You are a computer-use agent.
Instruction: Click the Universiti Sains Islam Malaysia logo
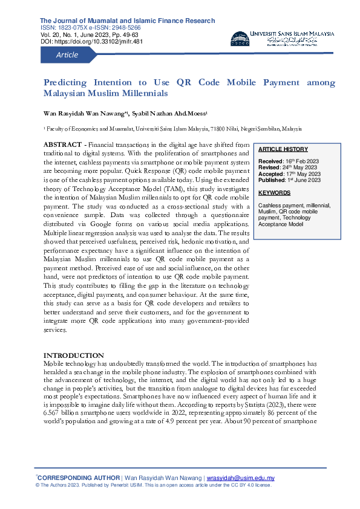[282, 38]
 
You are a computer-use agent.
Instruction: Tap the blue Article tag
[67, 55]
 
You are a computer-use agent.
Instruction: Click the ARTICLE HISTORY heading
[283, 149]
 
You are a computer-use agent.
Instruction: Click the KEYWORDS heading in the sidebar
[275, 193]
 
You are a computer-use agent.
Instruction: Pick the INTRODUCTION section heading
[73, 355]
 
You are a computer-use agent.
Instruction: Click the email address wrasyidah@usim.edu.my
[240, 478]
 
